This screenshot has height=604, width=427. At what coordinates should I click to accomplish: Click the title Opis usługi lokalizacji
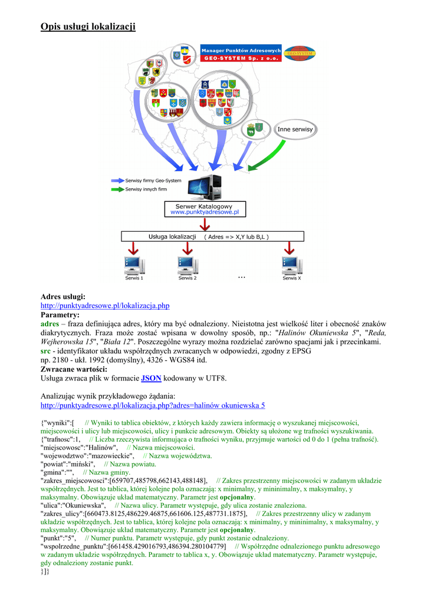point(88,27)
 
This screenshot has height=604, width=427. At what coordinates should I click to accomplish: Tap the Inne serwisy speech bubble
point(295,129)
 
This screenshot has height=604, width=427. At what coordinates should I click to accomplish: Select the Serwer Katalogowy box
point(204,209)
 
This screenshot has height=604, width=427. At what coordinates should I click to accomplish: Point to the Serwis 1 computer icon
point(134,265)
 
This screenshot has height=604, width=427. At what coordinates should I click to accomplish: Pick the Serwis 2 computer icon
point(187,265)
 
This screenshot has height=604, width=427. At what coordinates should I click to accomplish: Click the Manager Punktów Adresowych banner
point(241,54)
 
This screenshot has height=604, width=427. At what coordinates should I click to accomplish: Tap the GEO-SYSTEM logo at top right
point(300,54)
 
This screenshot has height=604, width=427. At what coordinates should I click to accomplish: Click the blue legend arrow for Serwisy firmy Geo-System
point(117,180)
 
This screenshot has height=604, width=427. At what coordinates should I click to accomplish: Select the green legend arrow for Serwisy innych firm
point(117,189)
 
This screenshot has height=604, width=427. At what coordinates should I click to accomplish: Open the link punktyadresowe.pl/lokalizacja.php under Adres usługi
point(105,306)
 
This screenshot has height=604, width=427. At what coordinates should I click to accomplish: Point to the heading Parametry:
point(60,315)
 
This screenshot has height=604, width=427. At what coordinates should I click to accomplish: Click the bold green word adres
point(50,324)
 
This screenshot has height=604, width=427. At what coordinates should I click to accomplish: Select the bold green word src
point(45,351)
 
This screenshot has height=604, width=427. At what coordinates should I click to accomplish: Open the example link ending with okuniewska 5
point(153,405)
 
